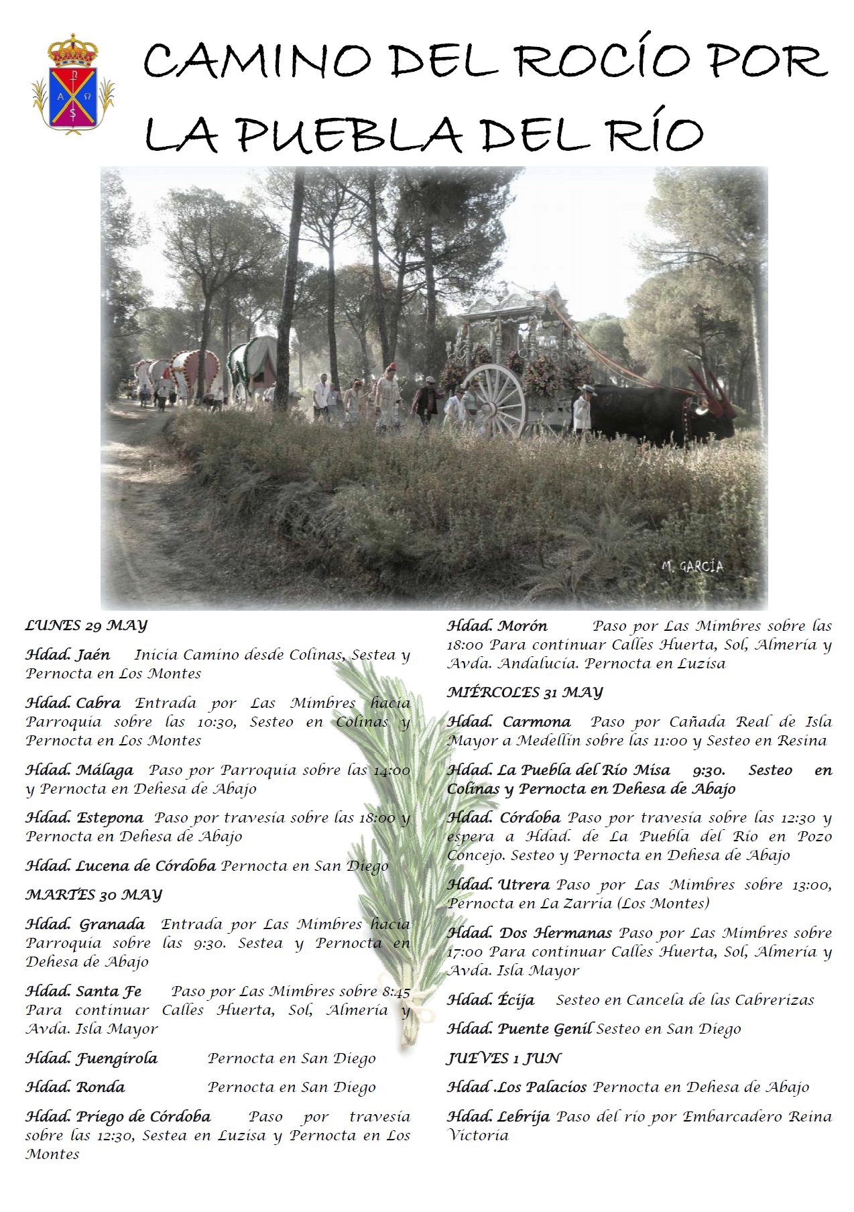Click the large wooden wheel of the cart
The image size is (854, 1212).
pos(494,400)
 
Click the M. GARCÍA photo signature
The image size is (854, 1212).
pos(692,566)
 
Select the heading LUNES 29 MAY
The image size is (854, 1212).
pos(86,625)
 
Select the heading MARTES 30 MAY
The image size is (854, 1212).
pos(94,895)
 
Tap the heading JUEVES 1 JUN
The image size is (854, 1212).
pos(504,1058)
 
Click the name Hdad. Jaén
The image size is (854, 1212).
pos(68,655)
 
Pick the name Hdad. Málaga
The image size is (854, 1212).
pos(79,770)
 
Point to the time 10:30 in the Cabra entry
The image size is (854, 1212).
pos(217,723)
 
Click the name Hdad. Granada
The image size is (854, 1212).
pos(85,924)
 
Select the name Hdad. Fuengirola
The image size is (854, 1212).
pos(92,1058)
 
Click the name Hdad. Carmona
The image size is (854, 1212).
pos(509,722)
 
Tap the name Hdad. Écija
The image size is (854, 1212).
pos(491,1000)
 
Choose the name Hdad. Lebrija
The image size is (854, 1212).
pos(498,1117)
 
